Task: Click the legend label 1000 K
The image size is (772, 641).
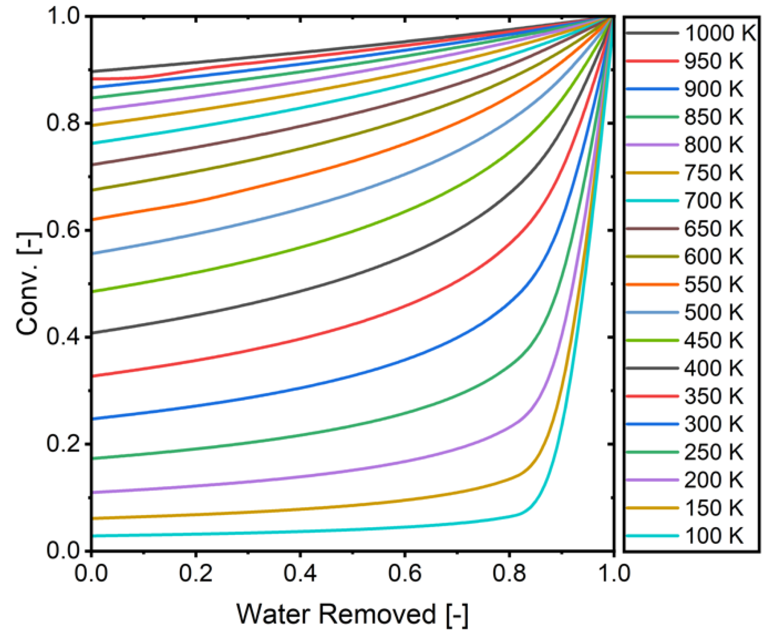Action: coord(720,33)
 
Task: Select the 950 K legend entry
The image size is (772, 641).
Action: coord(713,61)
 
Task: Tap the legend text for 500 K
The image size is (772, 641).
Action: coord(713,312)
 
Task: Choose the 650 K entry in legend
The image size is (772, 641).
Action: coord(713,228)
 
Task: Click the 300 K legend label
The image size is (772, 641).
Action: coord(713,424)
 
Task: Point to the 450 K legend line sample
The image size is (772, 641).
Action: coord(652,340)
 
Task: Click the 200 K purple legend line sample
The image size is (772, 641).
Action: coord(652,480)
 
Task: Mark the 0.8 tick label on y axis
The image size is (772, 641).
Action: coord(63,123)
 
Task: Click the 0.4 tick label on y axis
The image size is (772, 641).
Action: coord(63,337)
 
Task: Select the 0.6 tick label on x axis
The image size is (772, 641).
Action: coord(404,574)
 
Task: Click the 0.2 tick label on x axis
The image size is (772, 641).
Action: coord(196,574)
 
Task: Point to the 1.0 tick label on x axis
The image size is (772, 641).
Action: coord(613,574)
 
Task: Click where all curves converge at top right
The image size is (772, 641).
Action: coord(612,17)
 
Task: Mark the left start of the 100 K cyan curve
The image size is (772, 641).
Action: coord(93,536)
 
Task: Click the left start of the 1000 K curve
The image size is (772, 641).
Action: coord(93,71)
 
